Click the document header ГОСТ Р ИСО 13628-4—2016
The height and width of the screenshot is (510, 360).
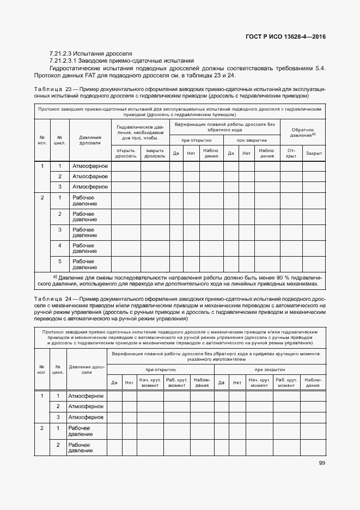pyautogui.click(x=286, y=37)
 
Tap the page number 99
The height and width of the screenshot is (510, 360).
pyautogui.click(x=322, y=463)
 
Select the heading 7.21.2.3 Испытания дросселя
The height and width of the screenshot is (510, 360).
pyautogui.click(x=90, y=53)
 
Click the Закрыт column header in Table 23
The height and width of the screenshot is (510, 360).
pyautogui.click(x=314, y=154)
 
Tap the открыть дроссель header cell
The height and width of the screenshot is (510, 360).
pyautogui.click(x=125, y=154)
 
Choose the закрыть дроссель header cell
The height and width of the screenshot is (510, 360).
pyautogui.click(x=155, y=154)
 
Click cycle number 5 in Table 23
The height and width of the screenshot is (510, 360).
pyautogui.click(x=60, y=262)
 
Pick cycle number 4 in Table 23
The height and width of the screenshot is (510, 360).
pyautogui.click(x=60, y=246)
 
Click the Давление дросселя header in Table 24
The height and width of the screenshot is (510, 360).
pyautogui.click(x=87, y=369)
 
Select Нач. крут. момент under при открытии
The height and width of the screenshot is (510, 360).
pyautogui.click(x=149, y=382)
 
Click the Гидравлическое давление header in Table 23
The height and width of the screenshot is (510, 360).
pyautogui.click(x=141, y=132)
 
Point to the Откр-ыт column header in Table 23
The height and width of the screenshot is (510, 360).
pyautogui.click(x=291, y=154)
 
